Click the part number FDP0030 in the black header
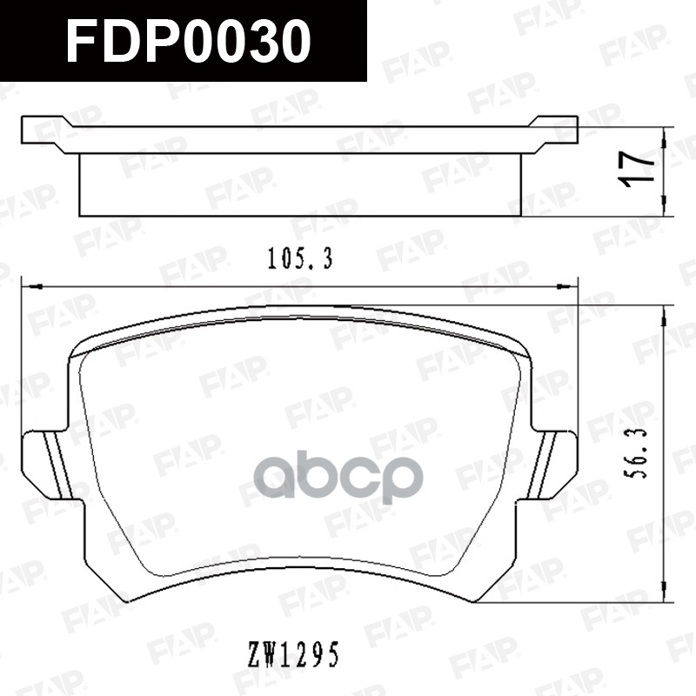tap(188, 41)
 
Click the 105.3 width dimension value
tap(299, 259)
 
